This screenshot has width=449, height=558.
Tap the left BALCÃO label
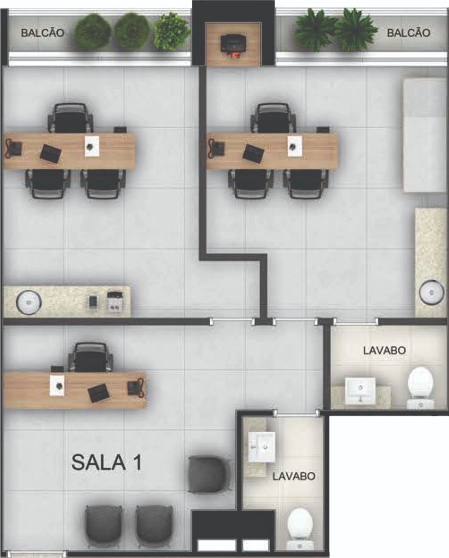pyautogui.click(x=43, y=33)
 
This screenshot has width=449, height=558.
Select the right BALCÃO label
pyautogui.click(x=408, y=33)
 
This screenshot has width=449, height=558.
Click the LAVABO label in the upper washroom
pyautogui.click(x=384, y=350)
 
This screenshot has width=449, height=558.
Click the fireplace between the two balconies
pyautogui.click(x=233, y=45)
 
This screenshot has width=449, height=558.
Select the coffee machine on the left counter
pyautogui.click(x=115, y=301)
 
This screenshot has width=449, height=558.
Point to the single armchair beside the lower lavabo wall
pyautogui.click(x=209, y=475)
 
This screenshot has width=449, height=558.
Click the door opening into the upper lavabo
pyautogui.click(x=355, y=322)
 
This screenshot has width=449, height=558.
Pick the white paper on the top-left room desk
pyautogui.click(x=92, y=146)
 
